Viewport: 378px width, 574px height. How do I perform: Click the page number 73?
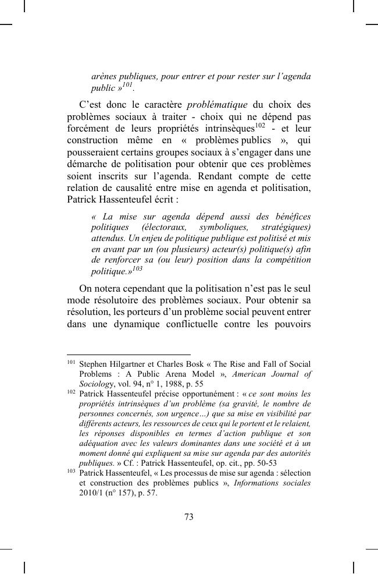(x=188, y=517)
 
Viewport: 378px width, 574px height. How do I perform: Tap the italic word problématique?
(x=217, y=105)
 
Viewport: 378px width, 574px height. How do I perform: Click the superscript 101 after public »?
(x=128, y=85)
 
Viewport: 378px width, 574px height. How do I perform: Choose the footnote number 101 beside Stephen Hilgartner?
(x=71, y=362)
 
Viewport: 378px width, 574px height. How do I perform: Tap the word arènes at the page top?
(x=105, y=76)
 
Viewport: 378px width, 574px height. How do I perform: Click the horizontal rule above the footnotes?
(x=129, y=354)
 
